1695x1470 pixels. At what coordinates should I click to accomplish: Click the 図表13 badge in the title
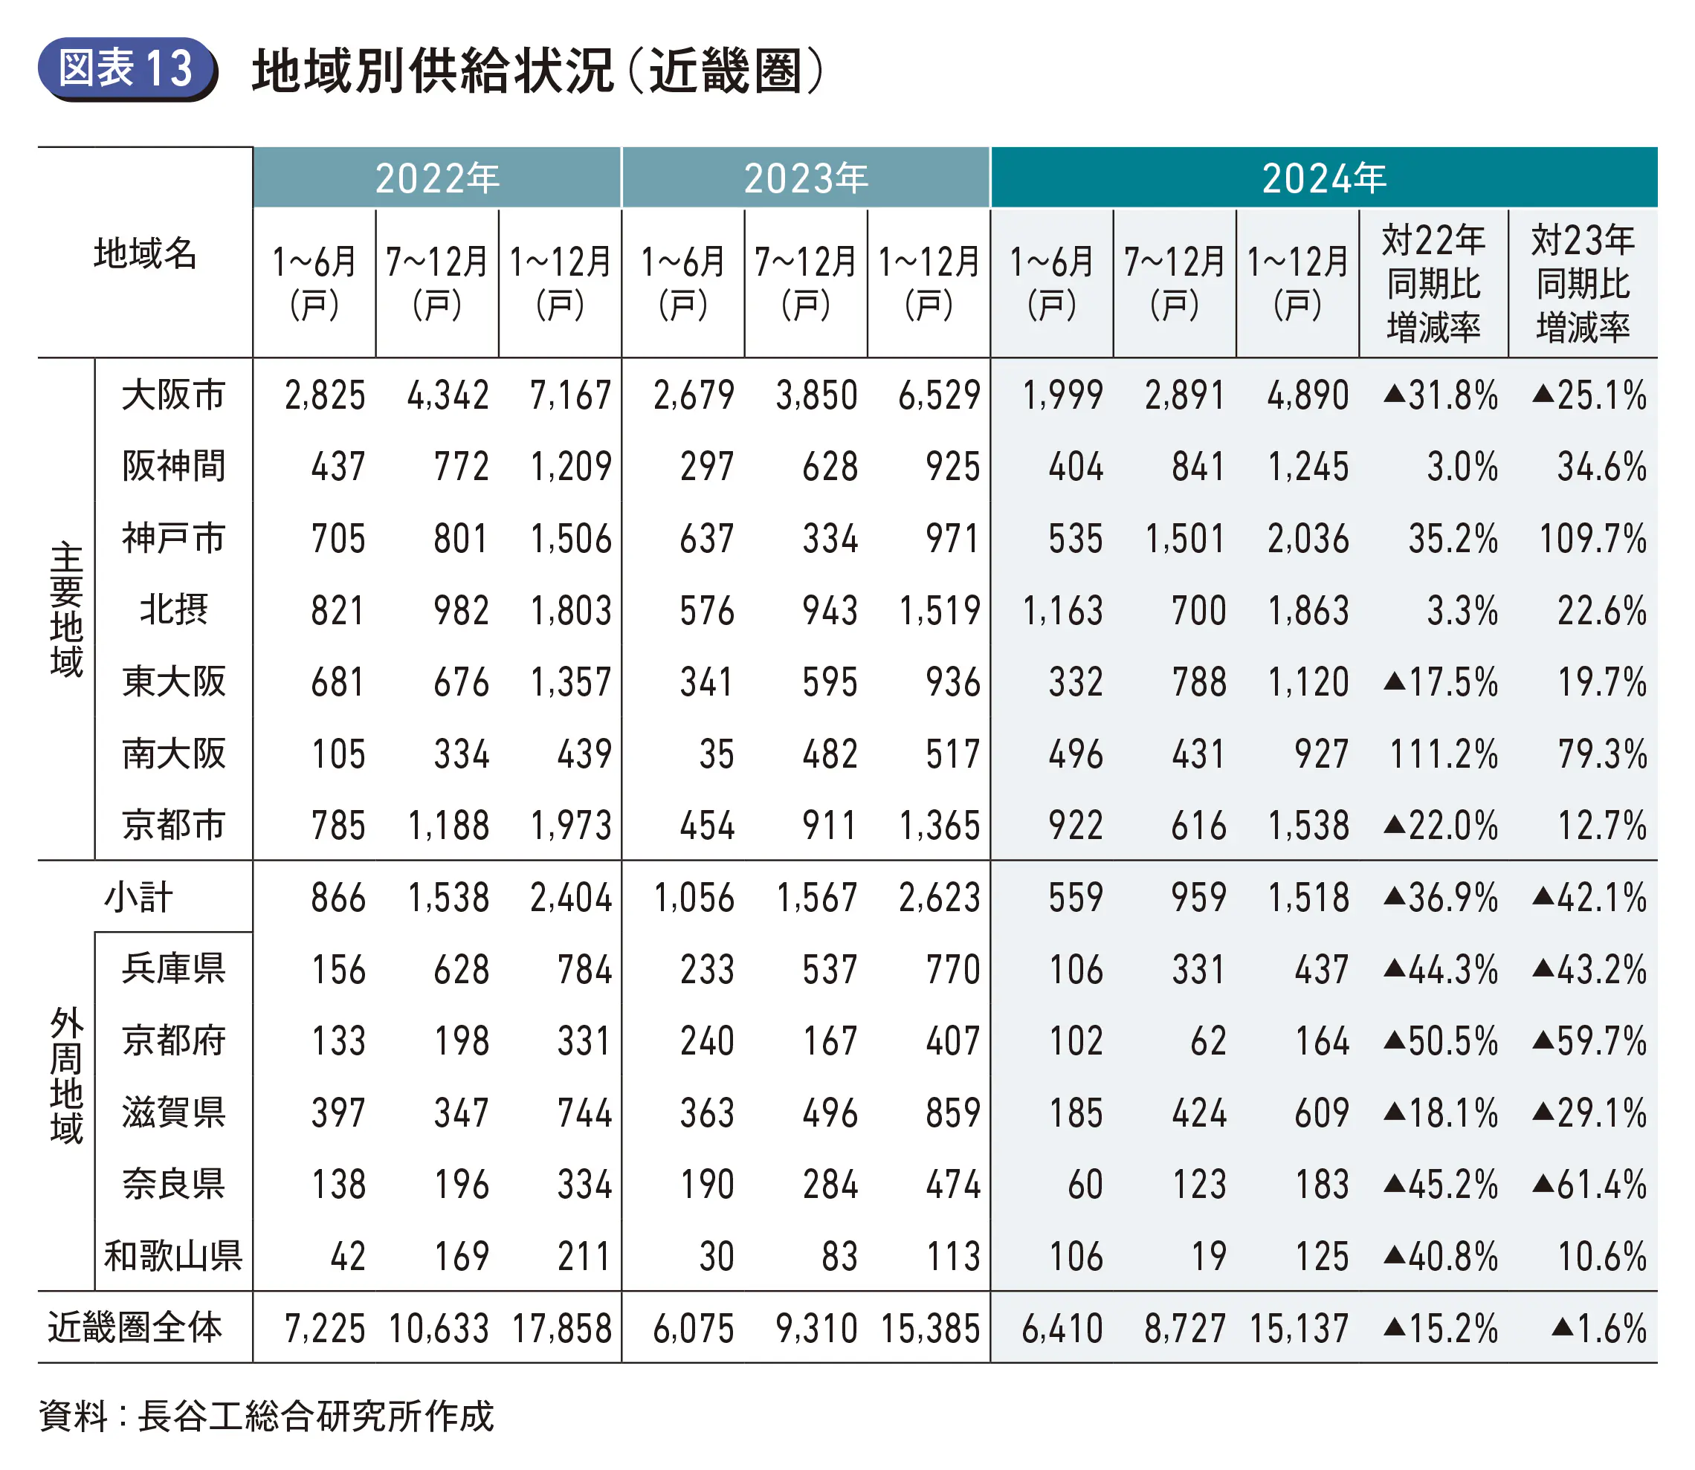click(x=126, y=68)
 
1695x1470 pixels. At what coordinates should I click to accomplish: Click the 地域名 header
click(x=144, y=253)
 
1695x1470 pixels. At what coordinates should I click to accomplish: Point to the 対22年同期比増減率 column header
click(x=1433, y=283)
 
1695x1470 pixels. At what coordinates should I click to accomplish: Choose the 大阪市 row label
click(x=173, y=395)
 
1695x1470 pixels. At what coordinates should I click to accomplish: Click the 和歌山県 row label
click(x=173, y=1256)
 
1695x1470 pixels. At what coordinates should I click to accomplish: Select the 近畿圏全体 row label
click(x=135, y=1327)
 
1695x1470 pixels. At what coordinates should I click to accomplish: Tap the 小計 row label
click(x=138, y=898)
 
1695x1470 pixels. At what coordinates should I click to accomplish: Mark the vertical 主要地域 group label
click(x=65, y=609)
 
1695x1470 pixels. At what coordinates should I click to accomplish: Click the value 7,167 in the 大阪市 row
click(x=570, y=395)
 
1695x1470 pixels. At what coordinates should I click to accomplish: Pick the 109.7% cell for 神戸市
click(x=1592, y=539)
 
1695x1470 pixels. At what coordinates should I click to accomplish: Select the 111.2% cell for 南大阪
click(x=1443, y=754)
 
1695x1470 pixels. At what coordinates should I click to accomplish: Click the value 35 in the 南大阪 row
click(x=715, y=754)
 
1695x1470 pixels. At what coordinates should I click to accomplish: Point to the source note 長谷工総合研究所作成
click(x=316, y=1416)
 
